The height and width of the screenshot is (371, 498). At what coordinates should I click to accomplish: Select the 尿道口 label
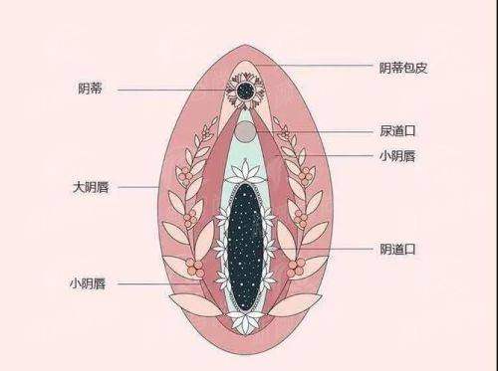pyautogui.click(x=397, y=131)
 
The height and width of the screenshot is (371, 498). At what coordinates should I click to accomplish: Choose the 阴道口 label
pyautogui.click(x=397, y=248)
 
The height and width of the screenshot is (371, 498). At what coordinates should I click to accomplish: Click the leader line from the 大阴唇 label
pyautogui.click(x=139, y=186)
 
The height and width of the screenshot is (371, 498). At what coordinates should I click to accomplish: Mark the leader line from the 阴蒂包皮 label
pyautogui.click(x=319, y=67)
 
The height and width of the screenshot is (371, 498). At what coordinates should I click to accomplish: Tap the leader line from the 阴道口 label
pyautogui.click(x=329, y=248)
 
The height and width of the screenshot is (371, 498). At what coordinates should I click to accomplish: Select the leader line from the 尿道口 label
pyautogui.click(x=319, y=131)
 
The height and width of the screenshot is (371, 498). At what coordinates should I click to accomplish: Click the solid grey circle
pyautogui.click(x=244, y=131)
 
